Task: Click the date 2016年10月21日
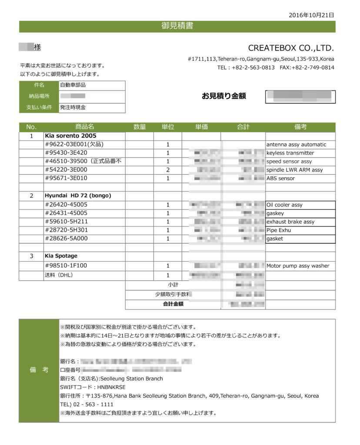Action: (x=311, y=15)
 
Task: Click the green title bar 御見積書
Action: (x=177, y=26)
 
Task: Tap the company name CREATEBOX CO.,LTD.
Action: (x=291, y=48)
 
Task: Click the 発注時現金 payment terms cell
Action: (x=73, y=107)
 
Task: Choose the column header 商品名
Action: (x=84, y=127)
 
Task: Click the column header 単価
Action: (x=201, y=127)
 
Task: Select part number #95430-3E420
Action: (x=66, y=153)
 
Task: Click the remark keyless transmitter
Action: (x=290, y=153)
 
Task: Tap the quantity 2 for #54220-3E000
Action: (x=168, y=170)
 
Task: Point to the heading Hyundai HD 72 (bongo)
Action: (x=78, y=196)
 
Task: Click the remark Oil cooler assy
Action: (x=285, y=205)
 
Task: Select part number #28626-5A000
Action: (x=66, y=239)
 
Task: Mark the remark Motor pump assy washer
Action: (x=298, y=266)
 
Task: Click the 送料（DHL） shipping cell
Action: (x=59, y=275)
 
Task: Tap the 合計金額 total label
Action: (x=173, y=304)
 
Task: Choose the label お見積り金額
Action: (x=223, y=96)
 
